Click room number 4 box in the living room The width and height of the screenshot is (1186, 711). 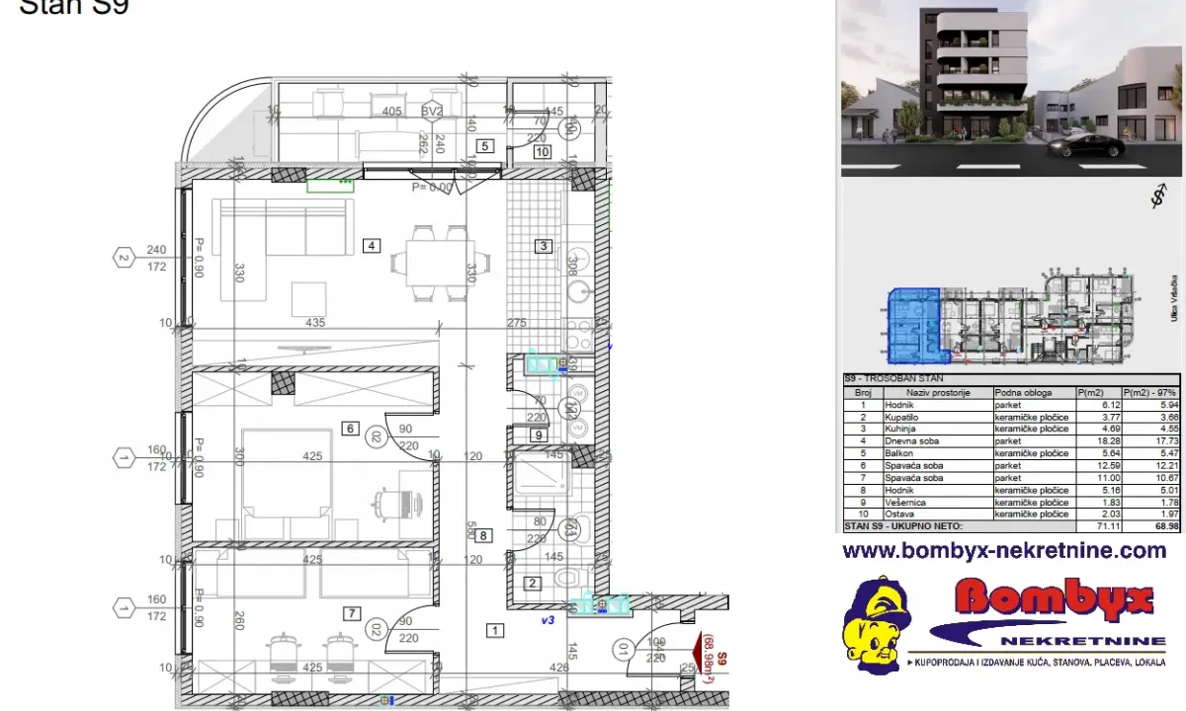pos(371,246)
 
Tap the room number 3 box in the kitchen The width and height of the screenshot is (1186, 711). pos(543,246)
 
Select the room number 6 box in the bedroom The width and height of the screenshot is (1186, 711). pos(350,429)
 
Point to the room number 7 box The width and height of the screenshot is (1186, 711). pos(351,613)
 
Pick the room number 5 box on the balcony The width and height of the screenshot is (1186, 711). pos(484,146)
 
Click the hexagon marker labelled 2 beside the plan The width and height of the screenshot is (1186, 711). pos(124,259)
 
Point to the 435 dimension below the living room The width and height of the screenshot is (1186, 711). pos(316,323)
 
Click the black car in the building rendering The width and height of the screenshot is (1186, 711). pos(1086,146)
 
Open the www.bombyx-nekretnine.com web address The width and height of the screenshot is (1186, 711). pos(1004,550)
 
